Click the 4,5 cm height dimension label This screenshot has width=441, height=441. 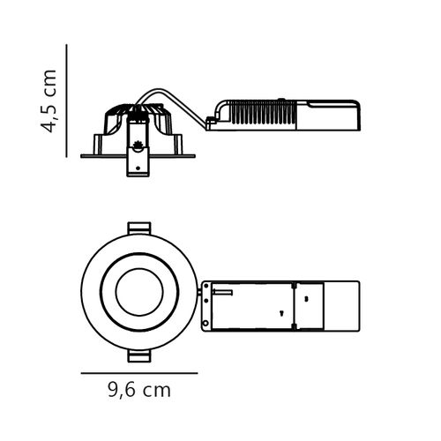click(x=50, y=101)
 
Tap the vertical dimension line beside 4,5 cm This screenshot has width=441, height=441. click(x=68, y=100)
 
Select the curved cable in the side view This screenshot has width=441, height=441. click(x=181, y=99)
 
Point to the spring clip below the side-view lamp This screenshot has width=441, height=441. click(x=138, y=161)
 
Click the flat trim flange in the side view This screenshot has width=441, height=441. click(x=106, y=155)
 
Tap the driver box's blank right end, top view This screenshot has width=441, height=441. click(x=342, y=305)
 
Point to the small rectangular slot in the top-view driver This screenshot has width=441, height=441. click(x=222, y=290)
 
